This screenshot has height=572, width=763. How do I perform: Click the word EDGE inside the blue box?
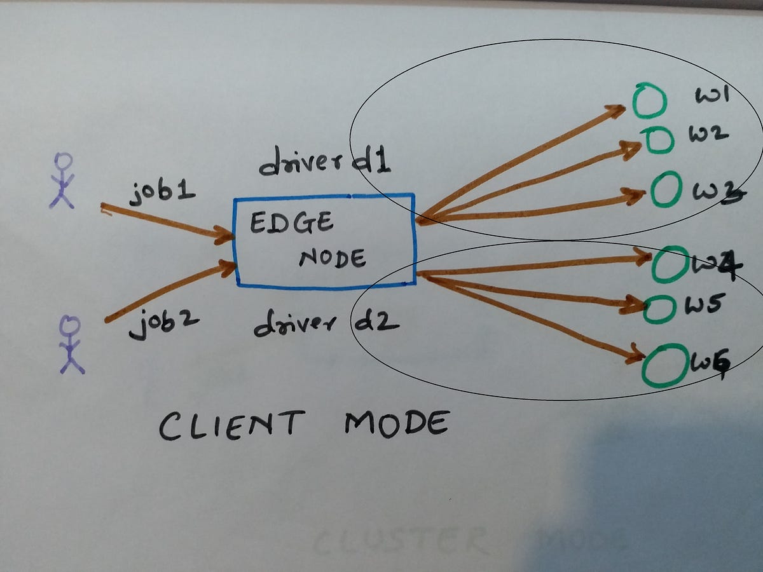point(291,223)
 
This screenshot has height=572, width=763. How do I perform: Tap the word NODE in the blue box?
point(332,257)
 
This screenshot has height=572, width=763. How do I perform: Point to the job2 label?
point(163,323)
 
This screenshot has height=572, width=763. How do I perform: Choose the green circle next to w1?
point(649,102)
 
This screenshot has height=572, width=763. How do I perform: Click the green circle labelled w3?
point(663,191)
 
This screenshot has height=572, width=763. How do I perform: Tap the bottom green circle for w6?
point(665,365)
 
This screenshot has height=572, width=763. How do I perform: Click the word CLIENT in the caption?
point(231,424)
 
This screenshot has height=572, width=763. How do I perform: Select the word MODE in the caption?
point(395,424)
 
